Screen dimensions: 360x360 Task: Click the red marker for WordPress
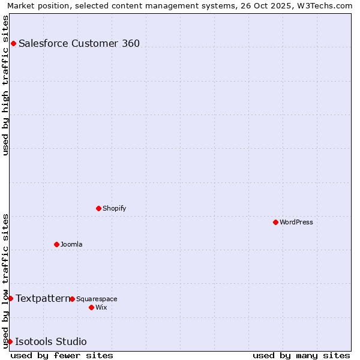275,222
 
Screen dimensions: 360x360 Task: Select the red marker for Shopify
98,208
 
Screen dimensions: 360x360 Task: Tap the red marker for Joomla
56,244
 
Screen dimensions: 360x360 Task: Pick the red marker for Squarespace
72,299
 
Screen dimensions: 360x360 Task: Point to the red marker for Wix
91,307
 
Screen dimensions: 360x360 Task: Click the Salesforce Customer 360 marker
13,43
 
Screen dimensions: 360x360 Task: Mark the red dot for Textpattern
10,298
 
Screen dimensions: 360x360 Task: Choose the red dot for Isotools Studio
10,341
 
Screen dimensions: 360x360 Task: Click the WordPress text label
296,222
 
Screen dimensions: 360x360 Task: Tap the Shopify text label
114,208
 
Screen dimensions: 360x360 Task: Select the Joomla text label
71,244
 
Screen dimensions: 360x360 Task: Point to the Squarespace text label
97,299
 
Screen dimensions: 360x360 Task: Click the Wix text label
101,307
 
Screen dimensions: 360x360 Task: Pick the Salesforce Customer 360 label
79,43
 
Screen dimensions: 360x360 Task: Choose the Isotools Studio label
50,341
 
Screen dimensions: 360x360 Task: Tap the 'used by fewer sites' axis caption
62,355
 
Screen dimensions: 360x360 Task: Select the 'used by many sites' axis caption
301,355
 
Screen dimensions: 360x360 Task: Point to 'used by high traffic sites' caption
5,85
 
